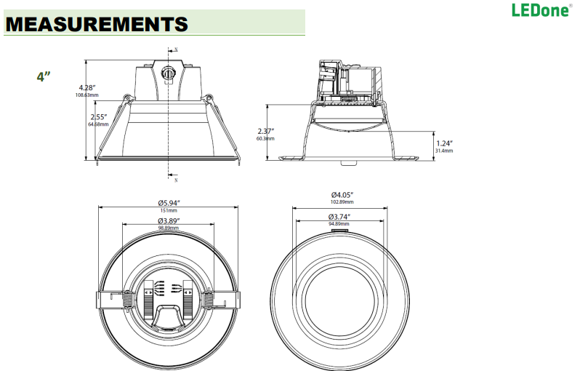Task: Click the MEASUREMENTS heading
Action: pyautogui.click(x=96, y=24)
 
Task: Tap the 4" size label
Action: pyautogui.click(x=44, y=76)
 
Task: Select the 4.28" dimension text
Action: pyautogui.click(x=88, y=87)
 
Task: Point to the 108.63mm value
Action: pyautogui.click(x=87, y=95)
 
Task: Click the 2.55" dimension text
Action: pyautogui.click(x=99, y=116)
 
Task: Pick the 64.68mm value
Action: pyautogui.click(x=98, y=124)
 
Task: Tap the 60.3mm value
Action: pyautogui.click(x=265, y=138)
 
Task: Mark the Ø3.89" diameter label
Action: pyautogui.click(x=169, y=220)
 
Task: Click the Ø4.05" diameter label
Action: pyautogui.click(x=342, y=194)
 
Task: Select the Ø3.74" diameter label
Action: pyautogui.click(x=340, y=217)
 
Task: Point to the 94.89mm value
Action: pyautogui.click(x=339, y=224)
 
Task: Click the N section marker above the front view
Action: pyautogui.click(x=177, y=49)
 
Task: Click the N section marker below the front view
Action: pyautogui.click(x=176, y=179)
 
